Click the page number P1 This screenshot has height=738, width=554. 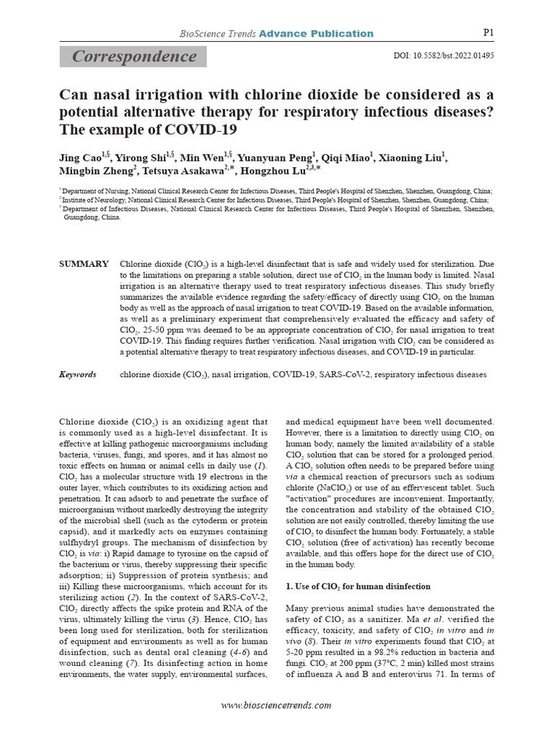coord(486,32)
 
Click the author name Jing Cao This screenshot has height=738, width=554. coord(80,156)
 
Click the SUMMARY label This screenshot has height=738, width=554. coord(84,264)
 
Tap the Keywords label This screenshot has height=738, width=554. coord(77,375)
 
